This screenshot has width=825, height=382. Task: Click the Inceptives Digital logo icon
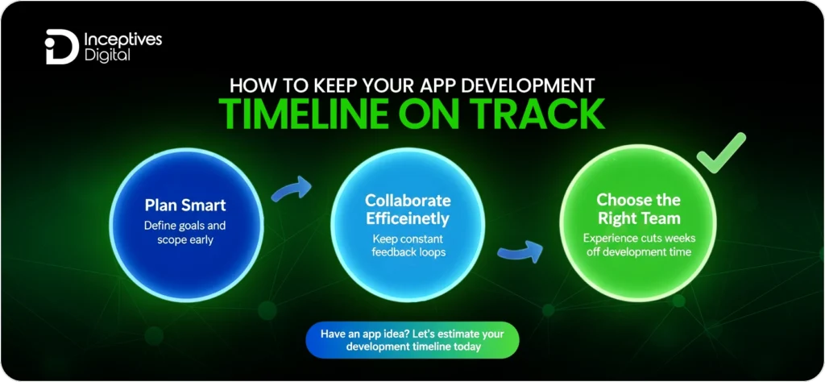coord(61,47)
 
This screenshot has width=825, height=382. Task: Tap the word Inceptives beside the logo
coord(123,39)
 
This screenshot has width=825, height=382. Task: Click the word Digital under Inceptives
coord(107,55)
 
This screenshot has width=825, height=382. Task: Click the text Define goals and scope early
coord(184,233)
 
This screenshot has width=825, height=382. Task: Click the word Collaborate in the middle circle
coord(408,201)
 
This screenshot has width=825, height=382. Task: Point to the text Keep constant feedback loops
coord(408,245)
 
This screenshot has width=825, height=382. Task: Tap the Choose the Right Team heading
coord(638,209)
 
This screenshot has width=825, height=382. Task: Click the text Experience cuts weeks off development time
coord(638,245)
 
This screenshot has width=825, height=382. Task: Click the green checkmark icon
coord(721,152)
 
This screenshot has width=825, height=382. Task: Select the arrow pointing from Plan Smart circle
coord(292,189)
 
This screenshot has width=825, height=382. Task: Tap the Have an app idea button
coord(412,340)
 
